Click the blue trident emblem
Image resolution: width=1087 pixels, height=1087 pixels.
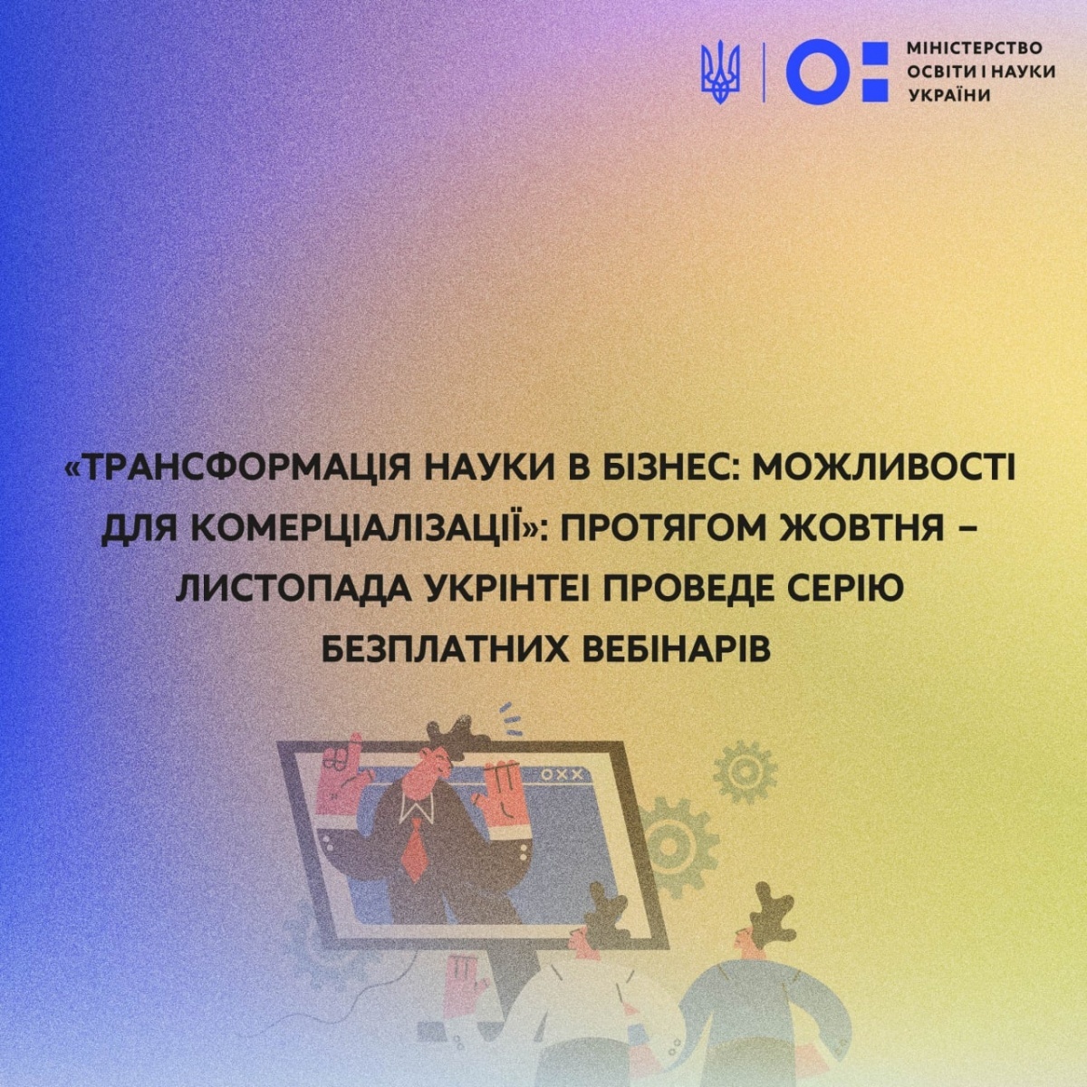[720, 72]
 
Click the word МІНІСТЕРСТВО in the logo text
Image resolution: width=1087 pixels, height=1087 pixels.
[975, 49]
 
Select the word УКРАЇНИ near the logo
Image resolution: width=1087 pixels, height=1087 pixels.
[950, 95]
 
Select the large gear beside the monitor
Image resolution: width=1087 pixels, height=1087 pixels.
[669, 846]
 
